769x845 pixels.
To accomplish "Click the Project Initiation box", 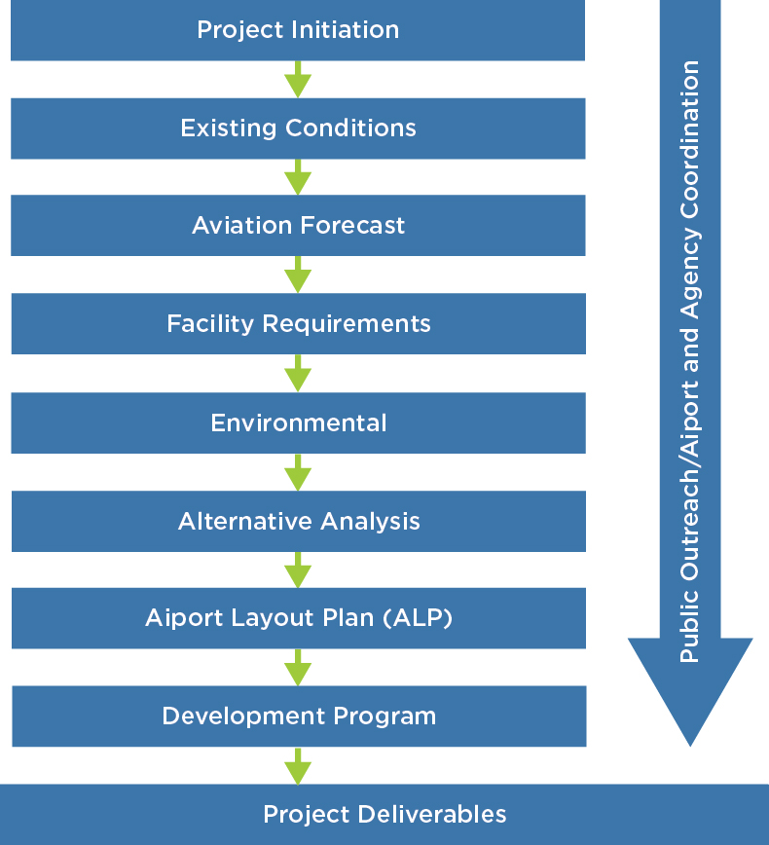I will point(298,30).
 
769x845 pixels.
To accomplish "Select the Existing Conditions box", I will point(298,129).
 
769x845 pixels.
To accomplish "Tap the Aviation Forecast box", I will point(298,226).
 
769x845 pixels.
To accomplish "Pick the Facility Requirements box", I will point(298,323).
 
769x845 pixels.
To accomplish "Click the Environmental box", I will point(298,422).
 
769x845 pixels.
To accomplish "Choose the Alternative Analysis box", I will point(298,521).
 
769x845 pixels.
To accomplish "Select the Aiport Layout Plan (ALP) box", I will point(298,618).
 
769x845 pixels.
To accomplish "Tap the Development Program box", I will point(298,716).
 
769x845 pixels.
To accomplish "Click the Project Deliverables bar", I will point(384,815).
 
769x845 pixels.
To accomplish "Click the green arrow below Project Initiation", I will point(298,80).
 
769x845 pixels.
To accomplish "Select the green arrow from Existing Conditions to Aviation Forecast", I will point(298,177).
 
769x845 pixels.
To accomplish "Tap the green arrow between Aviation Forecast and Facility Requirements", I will point(298,276).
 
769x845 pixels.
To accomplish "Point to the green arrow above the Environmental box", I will point(298,374).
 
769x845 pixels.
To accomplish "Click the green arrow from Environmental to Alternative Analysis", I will point(298,472).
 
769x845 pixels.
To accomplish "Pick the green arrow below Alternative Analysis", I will point(298,570).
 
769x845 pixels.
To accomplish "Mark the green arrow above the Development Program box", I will point(298,668).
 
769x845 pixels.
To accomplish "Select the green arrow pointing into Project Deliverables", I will point(298,766).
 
